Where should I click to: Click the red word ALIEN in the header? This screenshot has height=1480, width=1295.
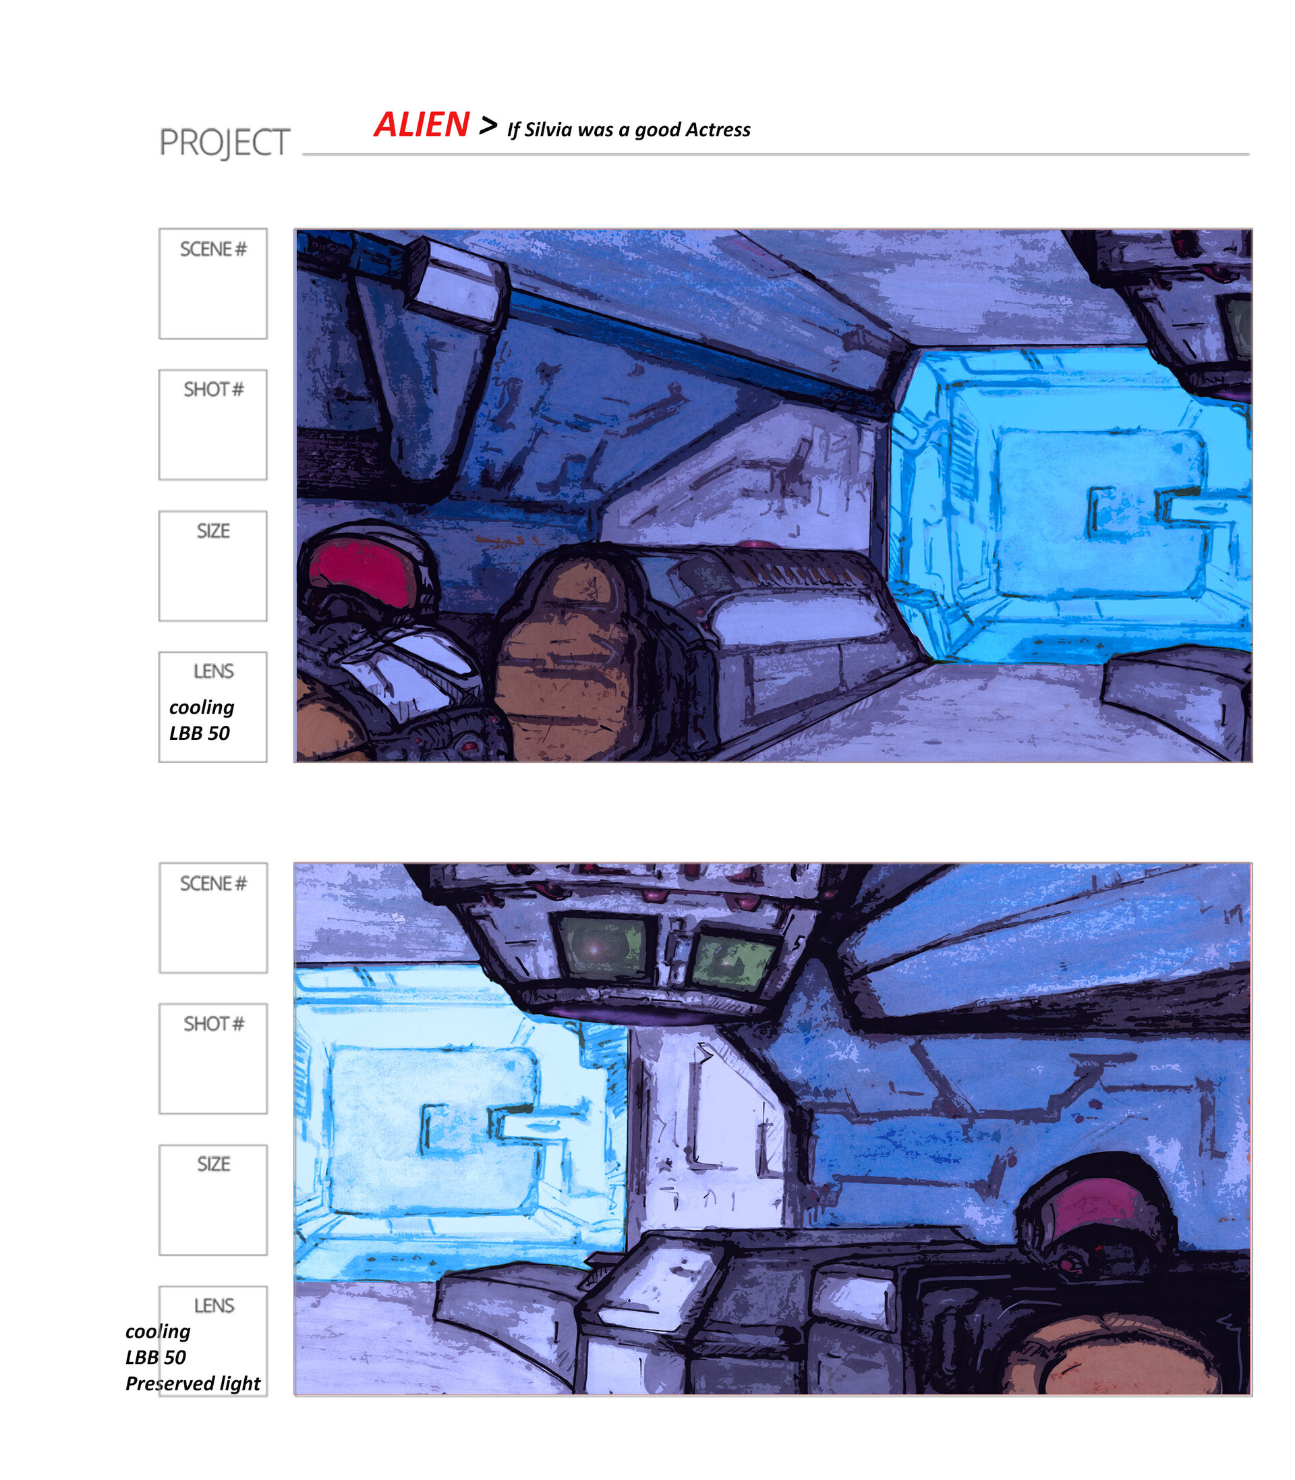tap(422, 125)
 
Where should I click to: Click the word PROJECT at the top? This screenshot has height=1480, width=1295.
tap(224, 142)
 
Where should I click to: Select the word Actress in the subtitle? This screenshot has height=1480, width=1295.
tap(718, 130)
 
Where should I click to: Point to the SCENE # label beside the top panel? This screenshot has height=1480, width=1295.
tap(213, 250)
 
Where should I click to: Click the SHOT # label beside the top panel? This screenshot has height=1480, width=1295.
tap(213, 390)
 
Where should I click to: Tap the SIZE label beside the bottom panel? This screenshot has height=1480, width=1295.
tap(213, 1164)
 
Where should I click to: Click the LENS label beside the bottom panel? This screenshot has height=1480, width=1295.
tap(214, 1306)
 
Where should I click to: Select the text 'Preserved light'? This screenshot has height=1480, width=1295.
tap(193, 1383)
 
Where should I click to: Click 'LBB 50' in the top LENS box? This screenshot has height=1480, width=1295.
tap(200, 733)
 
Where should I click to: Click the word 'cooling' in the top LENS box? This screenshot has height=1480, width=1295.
tap(202, 707)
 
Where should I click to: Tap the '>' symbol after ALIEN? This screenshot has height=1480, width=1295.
tap(488, 125)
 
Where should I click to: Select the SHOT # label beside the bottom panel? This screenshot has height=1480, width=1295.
tap(213, 1024)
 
